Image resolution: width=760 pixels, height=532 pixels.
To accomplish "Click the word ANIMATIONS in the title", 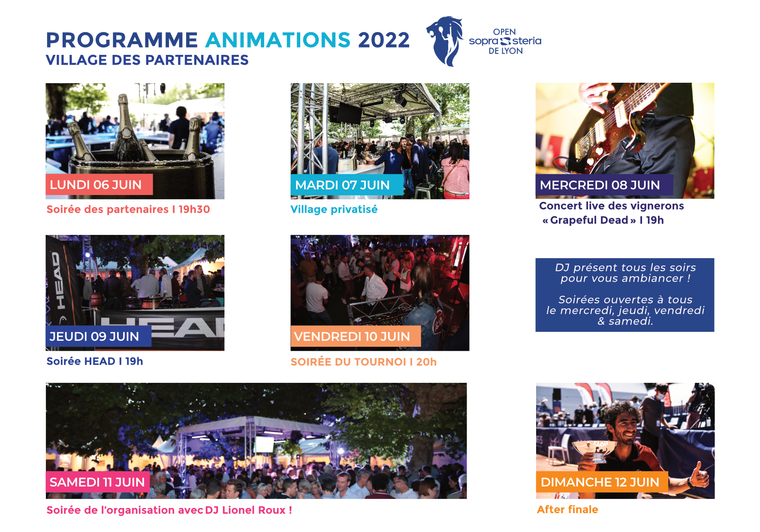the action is [x=278, y=40].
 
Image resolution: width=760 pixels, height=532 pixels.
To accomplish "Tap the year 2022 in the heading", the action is [x=384, y=40].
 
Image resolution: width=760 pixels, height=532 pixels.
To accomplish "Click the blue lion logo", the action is [x=446, y=41].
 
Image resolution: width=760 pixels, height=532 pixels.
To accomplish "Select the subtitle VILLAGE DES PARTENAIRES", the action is [x=147, y=60].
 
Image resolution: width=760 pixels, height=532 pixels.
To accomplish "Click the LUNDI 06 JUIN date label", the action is [x=99, y=185].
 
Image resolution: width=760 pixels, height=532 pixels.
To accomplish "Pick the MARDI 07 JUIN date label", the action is [x=347, y=185].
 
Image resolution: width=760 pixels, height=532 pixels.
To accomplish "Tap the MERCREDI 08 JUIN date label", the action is [x=604, y=185].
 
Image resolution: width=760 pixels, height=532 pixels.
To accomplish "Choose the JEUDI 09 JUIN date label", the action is [x=98, y=337].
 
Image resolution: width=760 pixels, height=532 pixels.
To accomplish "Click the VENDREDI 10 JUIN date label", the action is [x=356, y=337].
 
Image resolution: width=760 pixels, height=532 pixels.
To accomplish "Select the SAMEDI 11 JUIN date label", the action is [x=98, y=482].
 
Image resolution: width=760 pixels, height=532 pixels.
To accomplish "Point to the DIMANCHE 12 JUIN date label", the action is [x=602, y=482].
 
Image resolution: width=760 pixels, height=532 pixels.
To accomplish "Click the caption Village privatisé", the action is [x=334, y=210].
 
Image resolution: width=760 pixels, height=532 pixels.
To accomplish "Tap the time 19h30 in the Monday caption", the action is [x=194, y=209].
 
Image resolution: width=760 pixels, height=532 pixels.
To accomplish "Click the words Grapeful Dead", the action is [x=589, y=220].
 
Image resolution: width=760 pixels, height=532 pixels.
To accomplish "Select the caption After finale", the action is [x=567, y=509].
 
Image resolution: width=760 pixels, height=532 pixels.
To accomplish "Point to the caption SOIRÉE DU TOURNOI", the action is [x=348, y=362].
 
